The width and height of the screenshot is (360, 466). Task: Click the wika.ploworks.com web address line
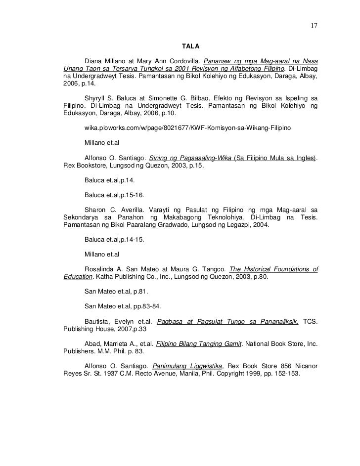(187, 128)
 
